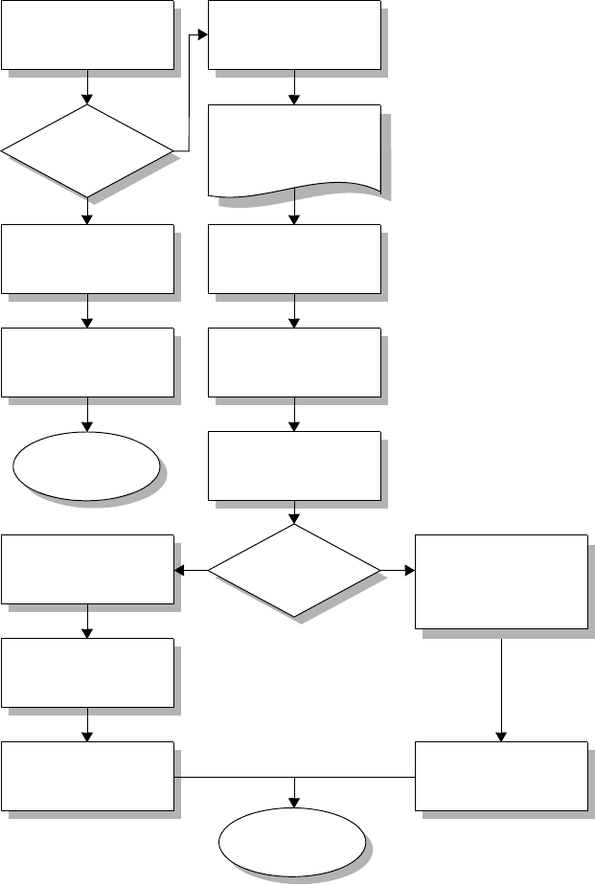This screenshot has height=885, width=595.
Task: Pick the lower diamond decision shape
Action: [294, 571]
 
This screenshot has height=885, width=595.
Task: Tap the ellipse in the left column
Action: [86, 465]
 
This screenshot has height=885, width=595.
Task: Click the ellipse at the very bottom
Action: [293, 844]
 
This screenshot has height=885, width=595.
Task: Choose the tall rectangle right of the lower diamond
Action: [501, 581]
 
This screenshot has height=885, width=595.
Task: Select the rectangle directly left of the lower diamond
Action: [87, 569]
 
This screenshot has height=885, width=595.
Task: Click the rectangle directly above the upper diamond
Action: [87, 34]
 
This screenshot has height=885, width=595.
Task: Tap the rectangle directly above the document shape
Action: [294, 34]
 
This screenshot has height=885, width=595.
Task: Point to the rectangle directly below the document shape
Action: [294, 259]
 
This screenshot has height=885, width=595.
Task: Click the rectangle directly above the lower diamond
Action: [294, 465]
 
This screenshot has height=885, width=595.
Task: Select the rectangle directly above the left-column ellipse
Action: [87, 362]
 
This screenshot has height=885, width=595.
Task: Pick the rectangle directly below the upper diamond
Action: [87, 259]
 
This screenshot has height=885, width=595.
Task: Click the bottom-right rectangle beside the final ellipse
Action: [501, 776]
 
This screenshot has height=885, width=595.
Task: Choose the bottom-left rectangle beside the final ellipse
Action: [87, 776]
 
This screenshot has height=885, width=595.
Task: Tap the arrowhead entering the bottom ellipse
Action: [294, 806]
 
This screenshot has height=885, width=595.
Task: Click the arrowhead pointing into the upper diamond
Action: [87, 99]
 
